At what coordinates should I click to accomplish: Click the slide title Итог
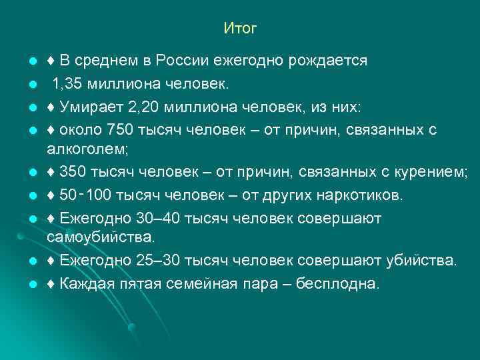(x=240, y=29)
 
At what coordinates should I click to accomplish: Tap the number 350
(x=72, y=174)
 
